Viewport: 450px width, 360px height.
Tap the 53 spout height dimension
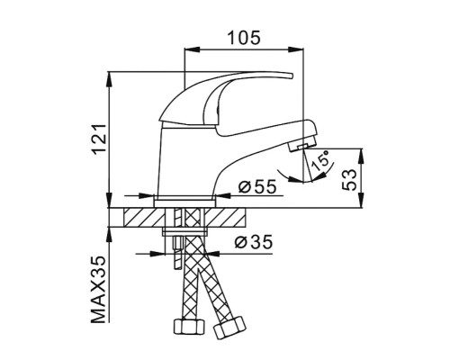tap(350, 178)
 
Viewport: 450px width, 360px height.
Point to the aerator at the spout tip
tap(304, 144)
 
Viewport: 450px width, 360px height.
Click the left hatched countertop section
tap(139, 218)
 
